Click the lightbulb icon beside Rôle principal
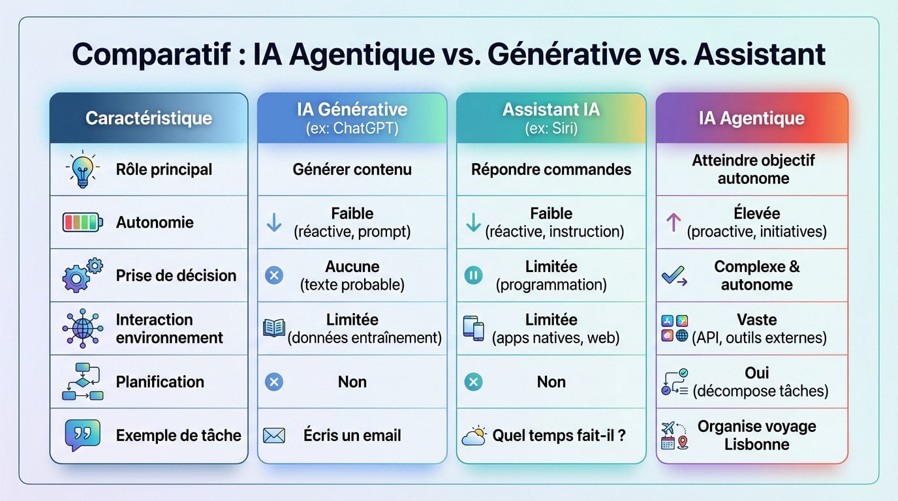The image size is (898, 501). click(83, 170)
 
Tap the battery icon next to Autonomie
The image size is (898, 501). click(82, 222)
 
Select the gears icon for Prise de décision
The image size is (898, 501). click(82, 275)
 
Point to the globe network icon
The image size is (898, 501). click(82, 327)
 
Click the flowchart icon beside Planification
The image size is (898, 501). click(82, 382)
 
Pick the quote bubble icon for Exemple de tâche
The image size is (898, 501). click(82, 435)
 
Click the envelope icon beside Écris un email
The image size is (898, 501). click(274, 435)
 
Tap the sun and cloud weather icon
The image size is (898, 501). click(474, 435)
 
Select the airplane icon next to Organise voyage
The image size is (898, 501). click(668, 428)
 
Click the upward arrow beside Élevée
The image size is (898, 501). click(673, 222)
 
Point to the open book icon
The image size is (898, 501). click(274, 327)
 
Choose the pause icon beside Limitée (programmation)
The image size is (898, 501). click(473, 275)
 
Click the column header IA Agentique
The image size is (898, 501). click(751, 119)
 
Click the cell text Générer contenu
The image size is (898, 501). click(352, 170)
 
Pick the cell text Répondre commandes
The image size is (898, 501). click(551, 170)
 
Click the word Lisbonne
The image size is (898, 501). click(756, 444)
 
